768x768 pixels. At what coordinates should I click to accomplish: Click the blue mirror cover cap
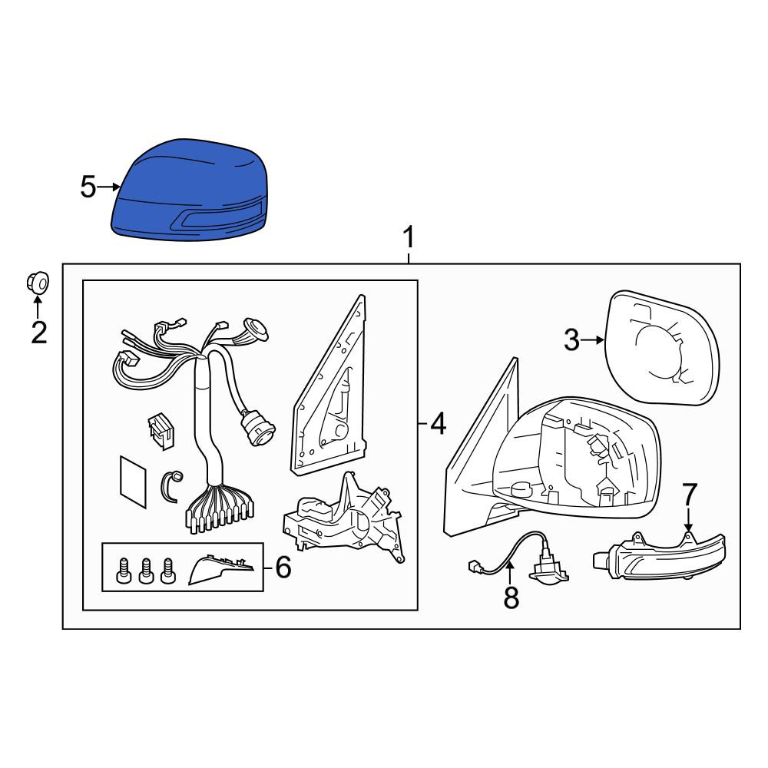pyautogui.click(x=190, y=190)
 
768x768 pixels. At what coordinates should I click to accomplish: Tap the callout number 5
pyautogui.click(x=88, y=187)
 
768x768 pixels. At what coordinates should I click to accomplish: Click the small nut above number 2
pyautogui.click(x=38, y=283)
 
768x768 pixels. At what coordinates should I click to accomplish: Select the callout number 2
pyautogui.click(x=38, y=333)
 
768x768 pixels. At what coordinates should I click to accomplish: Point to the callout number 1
pyautogui.click(x=408, y=237)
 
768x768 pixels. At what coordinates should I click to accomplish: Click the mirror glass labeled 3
pyautogui.click(x=662, y=348)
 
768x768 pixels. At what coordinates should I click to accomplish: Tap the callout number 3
pyautogui.click(x=571, y=339)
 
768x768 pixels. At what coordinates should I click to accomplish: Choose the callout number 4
pyautogui.click(x=438, y=423)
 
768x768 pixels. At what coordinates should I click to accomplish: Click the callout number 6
pyautogui.click(x=283, y=568)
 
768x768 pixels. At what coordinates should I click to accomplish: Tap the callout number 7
pyautogui.click(x=689, y=495)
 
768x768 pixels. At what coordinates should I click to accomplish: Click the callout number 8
pyautogui.click(x=511, y=598)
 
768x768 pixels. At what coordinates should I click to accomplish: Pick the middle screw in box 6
pyautogui.click(x=145, y=571)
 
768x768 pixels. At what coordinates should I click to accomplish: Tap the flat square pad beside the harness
pyautogui.click(x=133, y=482)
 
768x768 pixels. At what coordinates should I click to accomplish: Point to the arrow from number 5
pyautogui.click(x=109, y=187)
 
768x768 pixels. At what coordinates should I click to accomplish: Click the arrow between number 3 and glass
pyautogui.click(x=594, y=340)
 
